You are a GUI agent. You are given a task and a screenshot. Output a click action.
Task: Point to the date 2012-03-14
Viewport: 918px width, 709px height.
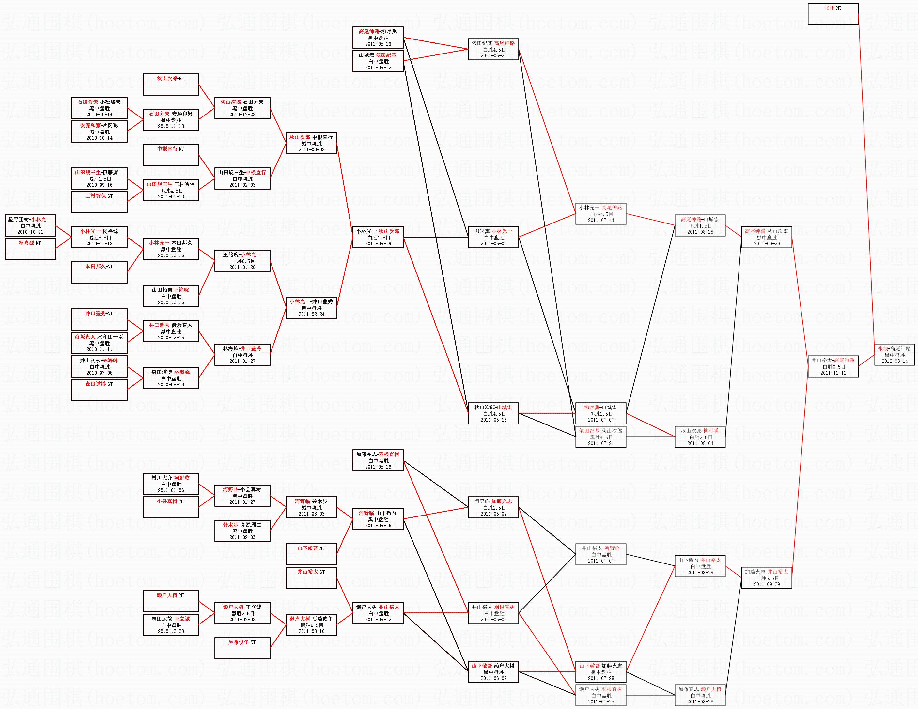point(894,361)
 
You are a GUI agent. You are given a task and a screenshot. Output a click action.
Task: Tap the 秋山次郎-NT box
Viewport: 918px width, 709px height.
point(171,84)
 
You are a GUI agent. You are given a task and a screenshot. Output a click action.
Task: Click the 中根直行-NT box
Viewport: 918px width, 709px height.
point(171,155)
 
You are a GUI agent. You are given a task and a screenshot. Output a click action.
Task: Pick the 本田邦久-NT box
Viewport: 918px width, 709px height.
point(99,272)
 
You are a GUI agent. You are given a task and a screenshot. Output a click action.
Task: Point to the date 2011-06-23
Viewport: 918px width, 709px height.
point(493,55)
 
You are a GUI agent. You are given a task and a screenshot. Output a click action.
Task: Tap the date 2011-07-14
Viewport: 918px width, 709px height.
point(601,220)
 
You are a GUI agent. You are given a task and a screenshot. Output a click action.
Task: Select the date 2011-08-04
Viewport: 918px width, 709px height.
point(700,443)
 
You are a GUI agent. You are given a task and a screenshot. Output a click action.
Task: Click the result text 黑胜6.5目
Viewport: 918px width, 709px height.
point(311,625)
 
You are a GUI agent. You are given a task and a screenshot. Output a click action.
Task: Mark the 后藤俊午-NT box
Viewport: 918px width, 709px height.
point(242,648)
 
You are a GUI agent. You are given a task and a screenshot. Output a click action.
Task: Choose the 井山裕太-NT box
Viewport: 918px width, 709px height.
point(311,578)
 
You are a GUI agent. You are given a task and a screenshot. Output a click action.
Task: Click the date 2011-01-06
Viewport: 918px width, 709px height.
point(171,490)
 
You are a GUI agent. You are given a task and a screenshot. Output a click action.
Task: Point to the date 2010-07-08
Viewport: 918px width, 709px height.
point(99,373)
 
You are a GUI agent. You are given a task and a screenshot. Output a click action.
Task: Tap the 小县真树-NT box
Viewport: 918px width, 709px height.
point(171,507)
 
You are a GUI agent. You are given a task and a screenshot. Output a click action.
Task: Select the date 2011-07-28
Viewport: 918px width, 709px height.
point(601,678)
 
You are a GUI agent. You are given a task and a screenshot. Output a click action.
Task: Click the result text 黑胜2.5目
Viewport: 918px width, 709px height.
point(242,614)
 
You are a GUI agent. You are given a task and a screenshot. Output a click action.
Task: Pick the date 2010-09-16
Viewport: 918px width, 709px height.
point(99,185)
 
